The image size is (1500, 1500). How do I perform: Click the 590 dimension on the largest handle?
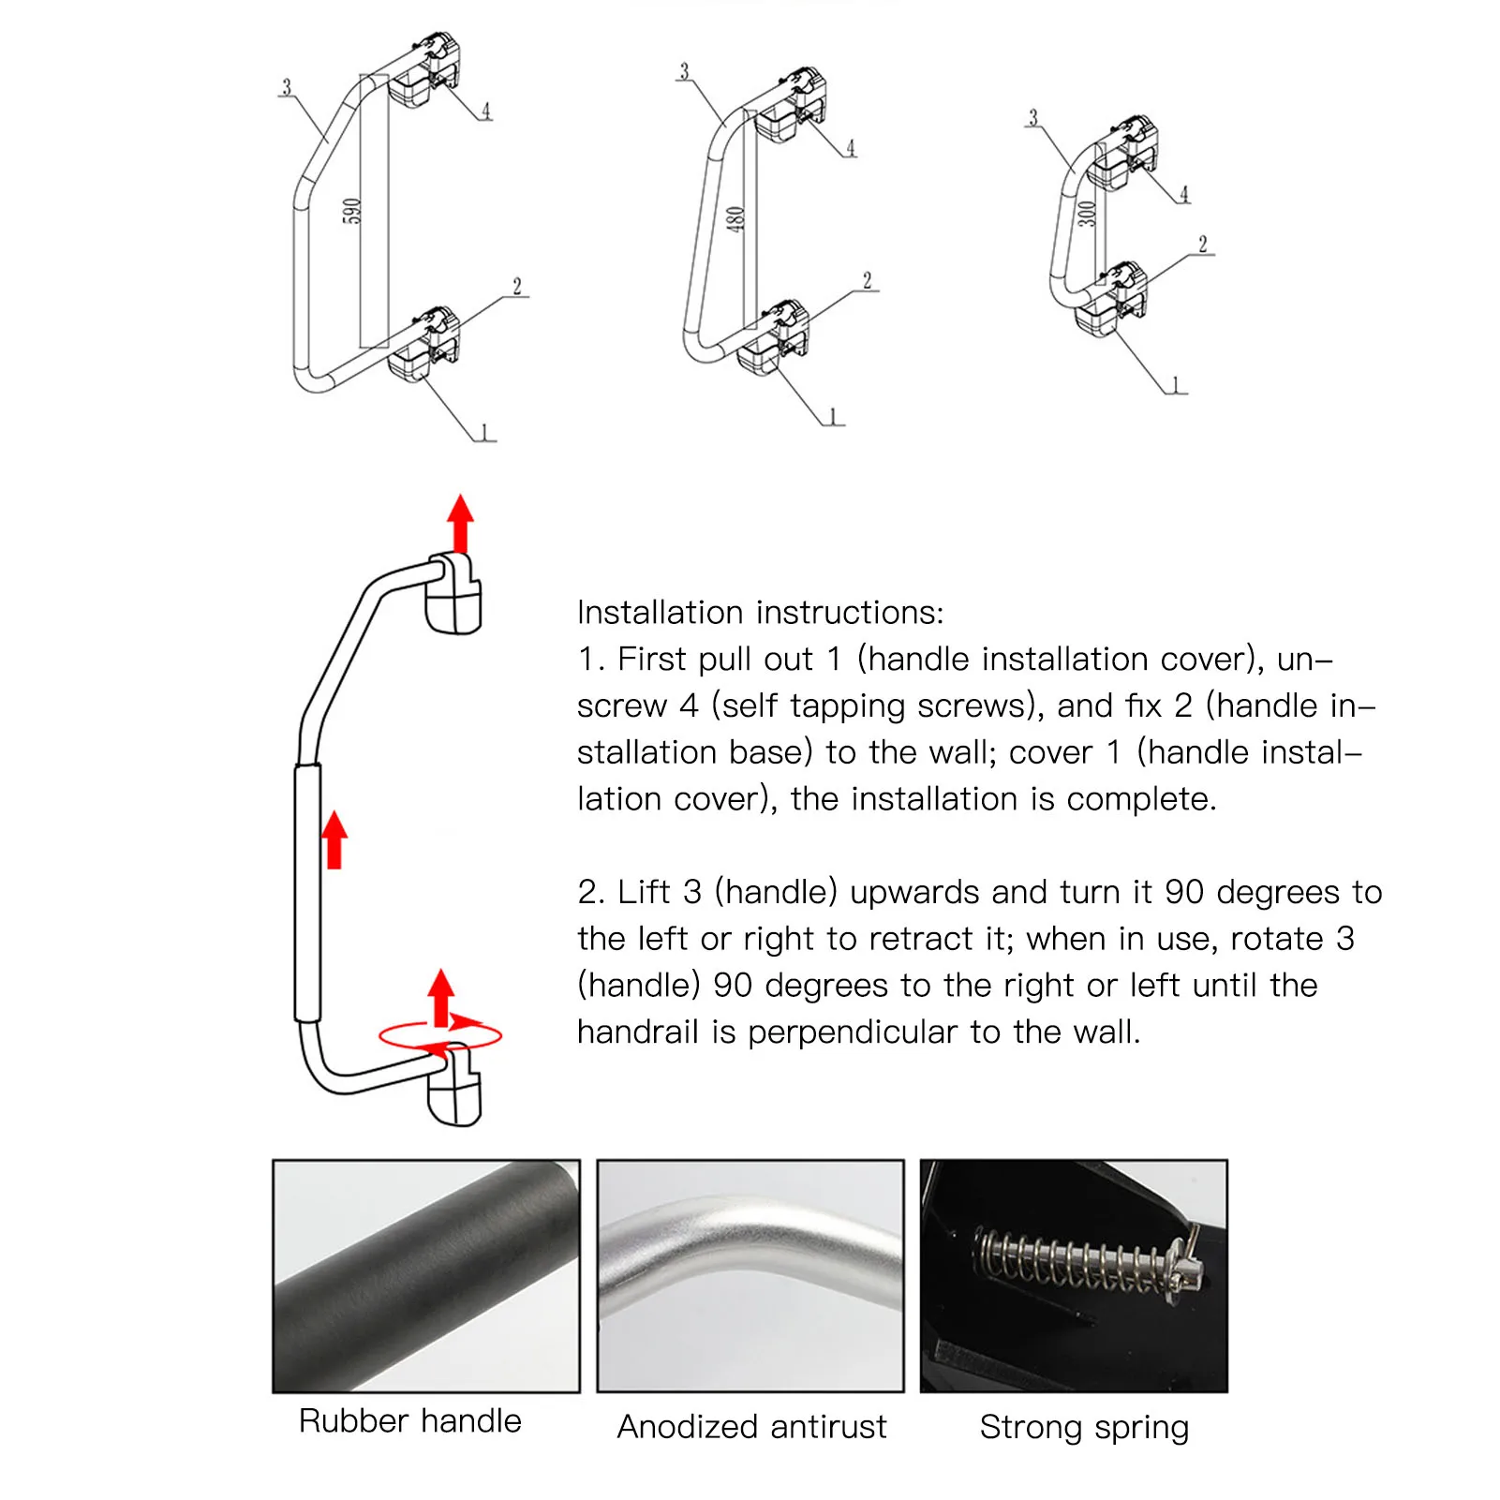pyautogui.click(x=351, y=212)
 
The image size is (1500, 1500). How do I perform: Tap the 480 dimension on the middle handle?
pyautogui.click(x=735, y=219)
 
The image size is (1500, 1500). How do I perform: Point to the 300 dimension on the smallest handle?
pyautogui.click(x=1086, y=215)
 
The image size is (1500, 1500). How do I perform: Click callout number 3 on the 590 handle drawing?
pyautogui.click(x=287, y=87)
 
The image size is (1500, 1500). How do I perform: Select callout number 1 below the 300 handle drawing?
pyautogui.click(x=1177, y=385)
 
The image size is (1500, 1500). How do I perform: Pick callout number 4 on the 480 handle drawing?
pyautogui.click(x=851, y=148)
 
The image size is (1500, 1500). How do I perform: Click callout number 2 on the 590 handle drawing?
pyautogui.click(x=516, y=287)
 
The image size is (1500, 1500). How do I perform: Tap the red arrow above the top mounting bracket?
pyautogui.click(x=460, y=523)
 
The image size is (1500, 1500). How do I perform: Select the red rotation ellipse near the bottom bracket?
pyautogui.click(x=440, y=1036)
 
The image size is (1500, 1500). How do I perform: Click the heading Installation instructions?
pyautogui.click(x=760, y=613)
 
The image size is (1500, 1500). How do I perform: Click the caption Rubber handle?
pyautogui.click(x=409, y=1421)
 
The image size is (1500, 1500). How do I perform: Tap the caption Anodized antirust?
pyautogui.click(x=751, y=1427)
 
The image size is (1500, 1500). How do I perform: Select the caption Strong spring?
pyautogui.click(x=1084, y=1427)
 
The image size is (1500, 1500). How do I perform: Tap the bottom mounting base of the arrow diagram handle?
pyautogui.click(x=455, y=1092)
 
